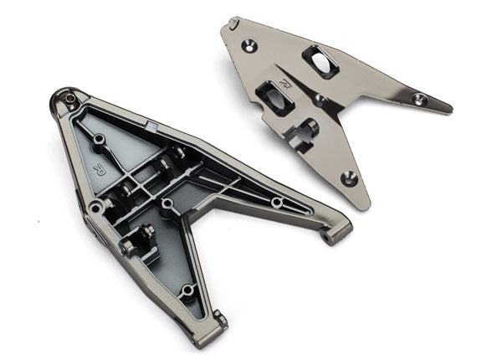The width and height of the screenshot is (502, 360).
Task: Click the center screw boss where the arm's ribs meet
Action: (167, 204)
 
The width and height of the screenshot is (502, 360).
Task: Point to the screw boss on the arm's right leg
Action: (275, 203)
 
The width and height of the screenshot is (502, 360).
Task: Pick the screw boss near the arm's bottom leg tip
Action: (187, 291)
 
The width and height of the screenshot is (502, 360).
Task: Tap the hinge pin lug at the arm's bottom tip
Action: (219, 319)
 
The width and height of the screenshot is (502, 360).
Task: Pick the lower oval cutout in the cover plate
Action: (275, 98)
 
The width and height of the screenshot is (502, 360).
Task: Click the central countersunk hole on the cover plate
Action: (320, 100)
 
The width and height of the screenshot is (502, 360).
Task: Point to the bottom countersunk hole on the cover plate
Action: (349, 177)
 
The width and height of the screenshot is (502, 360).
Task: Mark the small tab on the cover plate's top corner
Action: (234, 21)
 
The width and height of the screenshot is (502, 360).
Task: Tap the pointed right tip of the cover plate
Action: (450, 109)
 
